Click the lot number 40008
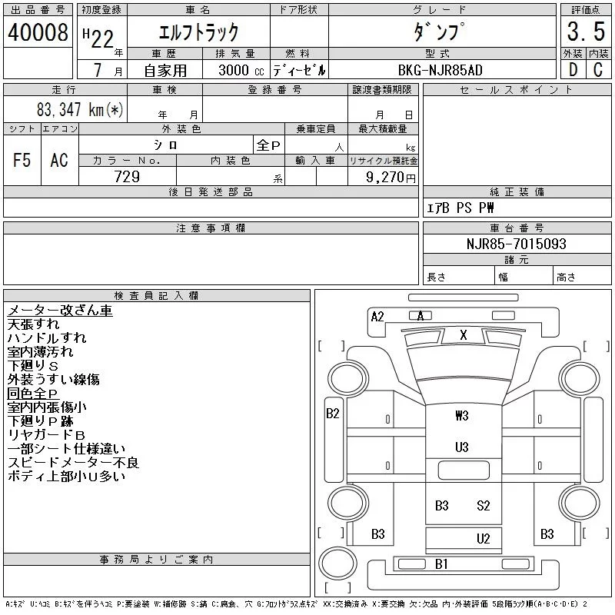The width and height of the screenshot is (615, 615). [x=38, y=32]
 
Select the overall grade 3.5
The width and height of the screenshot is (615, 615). [x=586, y=32]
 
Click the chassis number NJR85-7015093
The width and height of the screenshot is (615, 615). [x=516, y=244]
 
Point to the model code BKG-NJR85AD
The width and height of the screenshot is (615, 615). [x=440, y=70]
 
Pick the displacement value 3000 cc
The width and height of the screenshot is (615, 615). [x=241, y=70]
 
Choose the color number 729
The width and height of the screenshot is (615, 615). [x=127, y=177]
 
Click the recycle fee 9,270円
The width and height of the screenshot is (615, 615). [x=391, y=178]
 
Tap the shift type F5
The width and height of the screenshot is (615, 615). [x=22, y=160]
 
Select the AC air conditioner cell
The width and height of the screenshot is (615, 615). [x=59, y=160]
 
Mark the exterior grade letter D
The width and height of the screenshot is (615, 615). [x=573, y=69]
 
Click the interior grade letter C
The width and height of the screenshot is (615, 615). [x=598, y=69]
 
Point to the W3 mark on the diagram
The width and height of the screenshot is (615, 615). [x=462, y=415]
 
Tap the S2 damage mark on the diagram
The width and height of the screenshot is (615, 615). [x=484, y=505]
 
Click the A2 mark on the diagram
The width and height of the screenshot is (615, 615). [x=377, y=317]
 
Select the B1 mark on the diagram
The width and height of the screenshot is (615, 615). [x=441, y=564]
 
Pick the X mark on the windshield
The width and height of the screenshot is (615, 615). [x=464, y=334]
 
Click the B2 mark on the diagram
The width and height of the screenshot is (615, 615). [x=333, y=414]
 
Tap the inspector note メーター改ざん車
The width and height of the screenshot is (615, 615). [x=60, y=311]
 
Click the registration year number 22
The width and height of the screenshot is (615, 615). [x=102, y=39]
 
